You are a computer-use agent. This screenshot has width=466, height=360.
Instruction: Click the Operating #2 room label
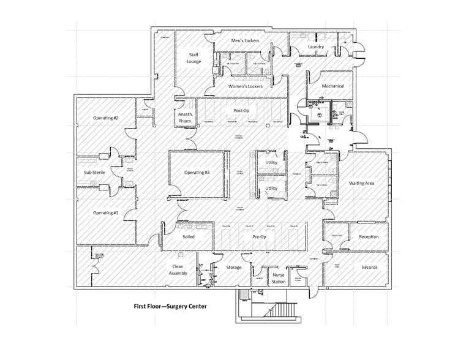[105, 118]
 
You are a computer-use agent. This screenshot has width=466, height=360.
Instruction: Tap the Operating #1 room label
[105, 212]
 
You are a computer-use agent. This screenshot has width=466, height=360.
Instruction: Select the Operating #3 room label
[197, 173]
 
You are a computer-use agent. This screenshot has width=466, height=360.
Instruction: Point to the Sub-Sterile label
[95, 173]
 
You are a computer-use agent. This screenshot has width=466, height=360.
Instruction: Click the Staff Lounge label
[194, 58]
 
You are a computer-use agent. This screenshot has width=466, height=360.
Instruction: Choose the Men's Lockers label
[245, 41]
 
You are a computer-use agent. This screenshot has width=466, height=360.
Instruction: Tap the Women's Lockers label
[246, 86]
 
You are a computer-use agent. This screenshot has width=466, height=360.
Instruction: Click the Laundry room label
[316, 47]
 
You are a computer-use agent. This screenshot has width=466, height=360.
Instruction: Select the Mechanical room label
[333, 86]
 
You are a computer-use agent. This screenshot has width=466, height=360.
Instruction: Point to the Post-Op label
[242, 111]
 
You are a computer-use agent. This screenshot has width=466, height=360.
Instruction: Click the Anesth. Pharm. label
[185, 118]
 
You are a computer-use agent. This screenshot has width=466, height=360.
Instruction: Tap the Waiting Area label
[361, 183]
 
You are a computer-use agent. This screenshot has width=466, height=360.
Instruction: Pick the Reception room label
[369, 237]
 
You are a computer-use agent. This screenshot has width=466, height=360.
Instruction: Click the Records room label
[369, 268]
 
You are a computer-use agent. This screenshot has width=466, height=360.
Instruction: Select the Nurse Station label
[278, 279]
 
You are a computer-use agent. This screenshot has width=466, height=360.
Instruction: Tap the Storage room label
[233, 268]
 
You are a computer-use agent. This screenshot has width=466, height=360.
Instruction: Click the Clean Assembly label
[178, 270]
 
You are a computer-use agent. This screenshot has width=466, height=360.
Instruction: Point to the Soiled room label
[189, 236]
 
